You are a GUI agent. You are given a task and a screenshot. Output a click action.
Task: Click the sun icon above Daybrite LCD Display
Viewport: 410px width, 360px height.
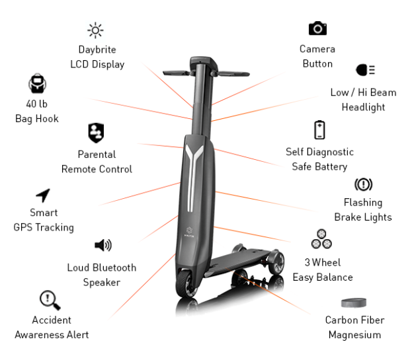(x=95, y=30)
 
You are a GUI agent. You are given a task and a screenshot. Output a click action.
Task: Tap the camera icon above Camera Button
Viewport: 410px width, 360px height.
(x=317, y=28)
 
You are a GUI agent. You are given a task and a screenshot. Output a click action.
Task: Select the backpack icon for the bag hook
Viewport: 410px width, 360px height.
(x=38, y=84)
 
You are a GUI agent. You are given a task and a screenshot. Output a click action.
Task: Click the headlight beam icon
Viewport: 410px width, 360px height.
(x=365, y=70)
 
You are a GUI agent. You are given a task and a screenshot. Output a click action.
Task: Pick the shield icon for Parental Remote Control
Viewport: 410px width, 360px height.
(x=96, y=133)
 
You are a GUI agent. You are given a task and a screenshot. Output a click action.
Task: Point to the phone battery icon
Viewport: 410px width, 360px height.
(x=319, y=130)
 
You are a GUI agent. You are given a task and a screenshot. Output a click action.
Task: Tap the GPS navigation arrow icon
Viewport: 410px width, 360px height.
(x=43, y=196)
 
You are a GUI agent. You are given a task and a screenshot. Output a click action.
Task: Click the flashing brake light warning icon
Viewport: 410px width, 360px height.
(x=363, y=184)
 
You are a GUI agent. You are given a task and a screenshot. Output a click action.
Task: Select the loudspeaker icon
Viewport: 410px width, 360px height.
(x=103, y=245)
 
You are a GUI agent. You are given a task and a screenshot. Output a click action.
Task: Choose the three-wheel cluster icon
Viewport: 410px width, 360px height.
(x=321, y=239)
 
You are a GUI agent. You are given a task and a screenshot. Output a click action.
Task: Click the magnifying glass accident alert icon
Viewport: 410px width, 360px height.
(x=50, y=300)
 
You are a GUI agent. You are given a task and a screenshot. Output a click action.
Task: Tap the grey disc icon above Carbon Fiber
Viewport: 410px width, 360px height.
(x=354, y=303)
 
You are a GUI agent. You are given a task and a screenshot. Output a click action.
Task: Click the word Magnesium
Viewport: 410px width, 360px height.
(x=355, y=335)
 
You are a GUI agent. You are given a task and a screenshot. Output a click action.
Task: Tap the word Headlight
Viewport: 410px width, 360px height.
(x=363, y=107)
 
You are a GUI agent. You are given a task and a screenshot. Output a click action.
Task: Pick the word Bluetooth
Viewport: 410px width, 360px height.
(x=114, y=268)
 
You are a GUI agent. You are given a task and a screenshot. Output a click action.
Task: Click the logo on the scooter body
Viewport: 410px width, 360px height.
(x=189, y=231)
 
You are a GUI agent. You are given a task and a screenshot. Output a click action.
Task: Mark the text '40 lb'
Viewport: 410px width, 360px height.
(x=37, y=104)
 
